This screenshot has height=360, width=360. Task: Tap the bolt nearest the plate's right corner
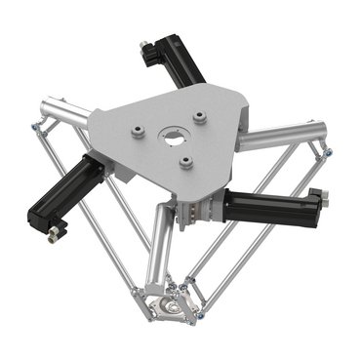point(201,117)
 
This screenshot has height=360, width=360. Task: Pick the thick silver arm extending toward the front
point(159,244)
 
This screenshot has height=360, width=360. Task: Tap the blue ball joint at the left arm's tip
point(35,125)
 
